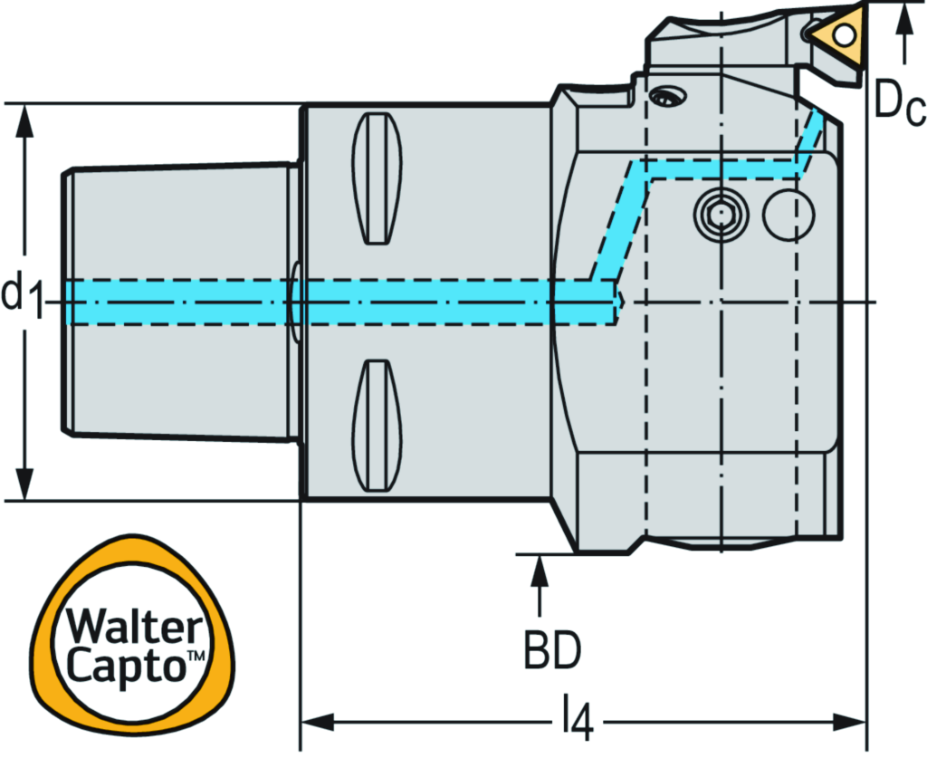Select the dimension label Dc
[x=900, y=107]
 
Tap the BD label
[x=552, y=650]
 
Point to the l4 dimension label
[x=575, y=723]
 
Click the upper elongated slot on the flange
[x=377, y=178]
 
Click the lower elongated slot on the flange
[x=377, y=426]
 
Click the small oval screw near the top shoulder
[x=669, y=96]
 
